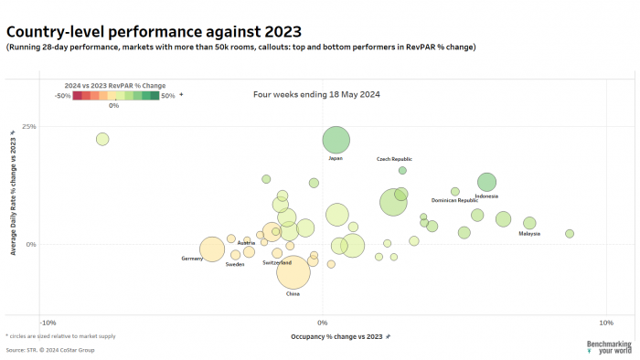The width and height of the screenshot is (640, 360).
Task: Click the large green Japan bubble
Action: click(336, 140)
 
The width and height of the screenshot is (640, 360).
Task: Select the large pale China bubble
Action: click(293, 272)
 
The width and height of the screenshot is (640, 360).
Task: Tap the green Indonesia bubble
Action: click(486, 182)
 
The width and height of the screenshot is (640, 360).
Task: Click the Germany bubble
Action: click(212, 249)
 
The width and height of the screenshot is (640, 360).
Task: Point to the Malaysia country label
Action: click(529, 234)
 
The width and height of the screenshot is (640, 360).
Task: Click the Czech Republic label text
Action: click(395, 159)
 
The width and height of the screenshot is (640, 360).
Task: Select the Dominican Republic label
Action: click(454, 200)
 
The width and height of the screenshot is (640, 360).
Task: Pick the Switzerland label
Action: click(277, 263)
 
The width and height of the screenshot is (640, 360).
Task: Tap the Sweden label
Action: click(235, 264)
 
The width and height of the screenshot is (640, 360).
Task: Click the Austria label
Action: click(246, 243)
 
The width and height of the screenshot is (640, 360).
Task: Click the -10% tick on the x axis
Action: click(48, 323)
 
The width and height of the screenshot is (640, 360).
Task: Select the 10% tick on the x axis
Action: click(604, 323)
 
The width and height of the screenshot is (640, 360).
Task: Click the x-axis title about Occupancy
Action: click(322, 337)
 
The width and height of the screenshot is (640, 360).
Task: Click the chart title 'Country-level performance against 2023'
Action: click(154, 32)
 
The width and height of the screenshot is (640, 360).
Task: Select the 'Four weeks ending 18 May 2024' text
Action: click(316, 94)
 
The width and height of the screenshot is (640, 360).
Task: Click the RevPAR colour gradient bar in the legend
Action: click(116, 94)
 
